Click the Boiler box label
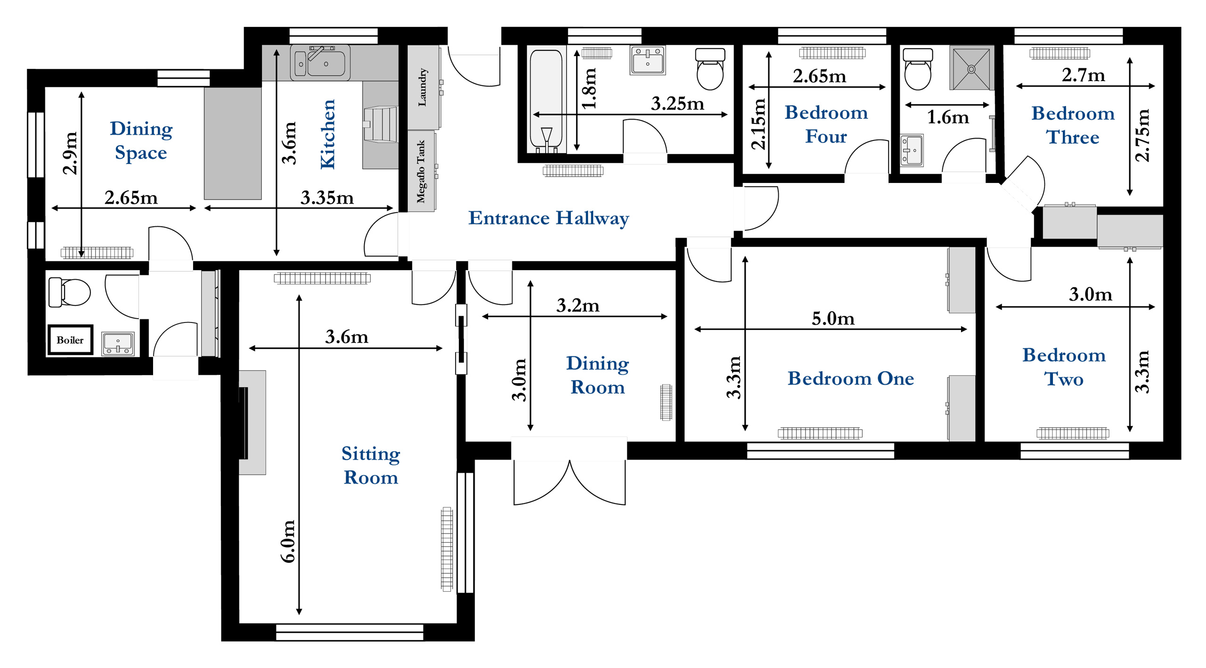[x=70, y=340]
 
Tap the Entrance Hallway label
[x=548, y=218]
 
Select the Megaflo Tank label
[x=421, y=172]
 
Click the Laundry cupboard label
[x=423, y=87]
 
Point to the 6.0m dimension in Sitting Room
[x=288, y=541]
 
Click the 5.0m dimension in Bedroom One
[x=833, y=319]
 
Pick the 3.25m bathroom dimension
[x=677, y=104]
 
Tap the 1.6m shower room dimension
[x=948, y=117]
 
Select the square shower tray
[x=971, y=68]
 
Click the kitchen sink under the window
[x=320, y=62]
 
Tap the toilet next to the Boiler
[x=69, y=292]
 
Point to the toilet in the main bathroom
[x=710, y=69]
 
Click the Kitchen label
[x=328, y=134]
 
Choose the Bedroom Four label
[x=826, y=124]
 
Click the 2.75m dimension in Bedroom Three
[x=1142, y=135]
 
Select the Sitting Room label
[x=371, y=466]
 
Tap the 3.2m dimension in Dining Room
[x=578, y=305]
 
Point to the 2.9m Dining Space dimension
[x=70, y=153]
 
